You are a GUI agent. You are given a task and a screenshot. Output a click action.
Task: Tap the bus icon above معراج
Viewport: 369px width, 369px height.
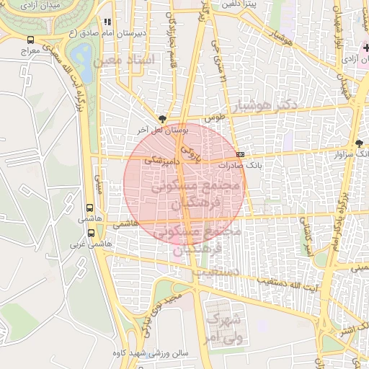[x=30, y=40]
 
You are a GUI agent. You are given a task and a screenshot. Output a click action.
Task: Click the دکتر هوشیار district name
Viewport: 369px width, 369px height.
[x=266, y=105]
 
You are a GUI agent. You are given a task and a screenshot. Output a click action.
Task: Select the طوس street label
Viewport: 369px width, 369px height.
[x=215, y=116]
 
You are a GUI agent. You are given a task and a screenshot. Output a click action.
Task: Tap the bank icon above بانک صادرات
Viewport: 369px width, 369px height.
[x=240, y=154]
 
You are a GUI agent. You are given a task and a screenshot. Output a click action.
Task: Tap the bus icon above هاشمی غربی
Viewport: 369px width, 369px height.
[x=91, y=233]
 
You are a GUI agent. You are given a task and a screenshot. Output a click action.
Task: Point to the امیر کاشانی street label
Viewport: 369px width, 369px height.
[x=308, y=238]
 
